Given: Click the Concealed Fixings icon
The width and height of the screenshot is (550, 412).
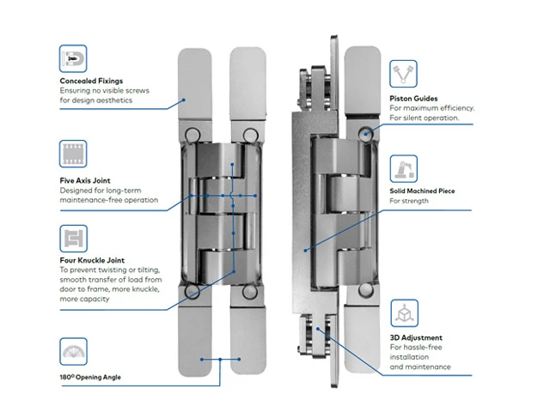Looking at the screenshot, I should tap(73, 59).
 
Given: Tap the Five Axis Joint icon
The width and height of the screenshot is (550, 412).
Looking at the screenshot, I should tap(73, 154).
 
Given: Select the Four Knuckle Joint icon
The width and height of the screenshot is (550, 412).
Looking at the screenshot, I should tap(73, 238).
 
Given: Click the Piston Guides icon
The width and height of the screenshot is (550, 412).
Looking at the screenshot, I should tap(403, 73).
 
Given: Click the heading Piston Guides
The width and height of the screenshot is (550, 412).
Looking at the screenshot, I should tap(413, 99).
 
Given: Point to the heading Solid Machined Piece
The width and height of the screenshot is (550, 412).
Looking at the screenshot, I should tap(422, 191).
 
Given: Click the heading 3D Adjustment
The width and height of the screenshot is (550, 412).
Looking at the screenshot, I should tap(416, 338).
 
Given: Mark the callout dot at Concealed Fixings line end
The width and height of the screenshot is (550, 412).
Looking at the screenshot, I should tap(184, 99).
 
